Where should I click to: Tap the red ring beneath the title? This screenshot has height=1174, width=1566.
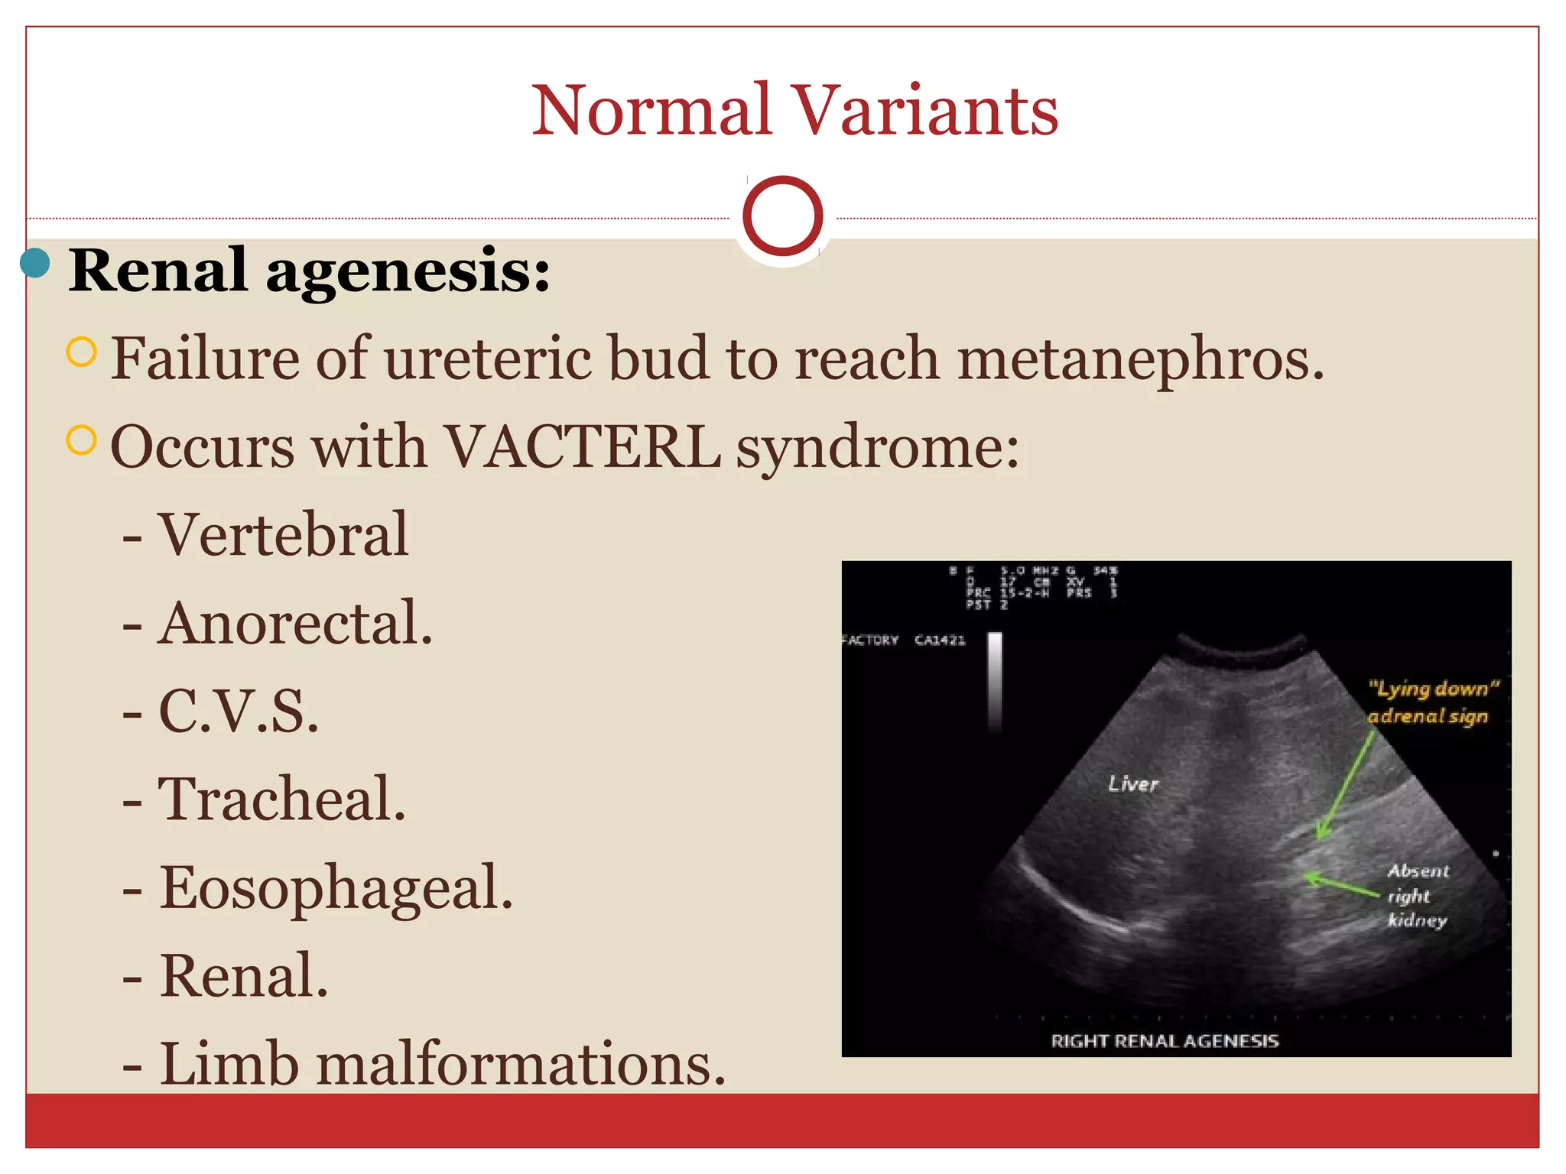(782, 216)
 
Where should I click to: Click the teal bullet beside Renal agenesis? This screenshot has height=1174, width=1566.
(35, 264)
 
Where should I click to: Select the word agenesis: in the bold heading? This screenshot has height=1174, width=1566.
(408, 272)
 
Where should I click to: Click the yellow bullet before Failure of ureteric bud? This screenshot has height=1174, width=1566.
(82, 352)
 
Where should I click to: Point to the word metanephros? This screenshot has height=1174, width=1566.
(1140, 359)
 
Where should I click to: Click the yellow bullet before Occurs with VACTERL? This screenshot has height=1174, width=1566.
(82, 440)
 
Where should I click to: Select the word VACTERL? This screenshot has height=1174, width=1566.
(581, 447)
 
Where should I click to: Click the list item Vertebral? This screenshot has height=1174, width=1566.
(283, 534)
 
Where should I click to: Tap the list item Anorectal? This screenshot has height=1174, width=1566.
(294, 623)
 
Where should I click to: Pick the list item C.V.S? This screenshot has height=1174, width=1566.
(238, 711)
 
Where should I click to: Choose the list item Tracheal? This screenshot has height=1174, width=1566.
(281, 799)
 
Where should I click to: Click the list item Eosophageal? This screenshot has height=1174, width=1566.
(336, 888)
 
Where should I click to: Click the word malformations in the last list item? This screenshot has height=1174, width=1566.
(520, 1064)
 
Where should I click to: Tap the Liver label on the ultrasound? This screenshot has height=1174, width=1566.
(1133, 784)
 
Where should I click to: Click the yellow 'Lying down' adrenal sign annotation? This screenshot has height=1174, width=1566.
(1431, 702)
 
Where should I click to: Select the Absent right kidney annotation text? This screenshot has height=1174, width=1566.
(1418, 895)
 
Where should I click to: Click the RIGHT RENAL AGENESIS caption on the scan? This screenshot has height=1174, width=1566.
(1165, 1040)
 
